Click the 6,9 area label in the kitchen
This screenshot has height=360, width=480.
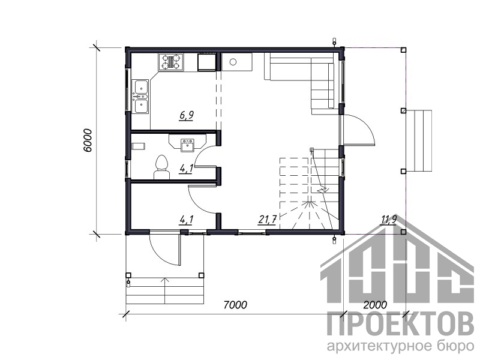[187, 115]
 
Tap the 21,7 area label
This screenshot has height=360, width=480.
[268, 219]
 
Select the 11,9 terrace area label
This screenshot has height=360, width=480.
[389, 219]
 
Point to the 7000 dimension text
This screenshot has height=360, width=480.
[235, 305]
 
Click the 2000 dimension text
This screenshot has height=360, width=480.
[375, 305]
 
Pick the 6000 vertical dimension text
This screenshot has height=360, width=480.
[87, 140]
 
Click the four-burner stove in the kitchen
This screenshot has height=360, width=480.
[171, 62]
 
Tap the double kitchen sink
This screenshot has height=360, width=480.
[140, 96]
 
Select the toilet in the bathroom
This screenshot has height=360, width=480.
[161, 167]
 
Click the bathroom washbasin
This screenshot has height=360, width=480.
[187, 145]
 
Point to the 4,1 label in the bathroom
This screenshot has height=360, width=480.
[186, 168]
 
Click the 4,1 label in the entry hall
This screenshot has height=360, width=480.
[186, 219]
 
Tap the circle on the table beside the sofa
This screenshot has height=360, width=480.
[233, 62]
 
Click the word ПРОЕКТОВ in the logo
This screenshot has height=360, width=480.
[400, 324]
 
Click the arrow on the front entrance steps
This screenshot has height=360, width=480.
[165, 290]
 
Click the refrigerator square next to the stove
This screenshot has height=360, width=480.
[207, 62]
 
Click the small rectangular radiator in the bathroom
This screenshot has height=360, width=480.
[138, 146]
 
